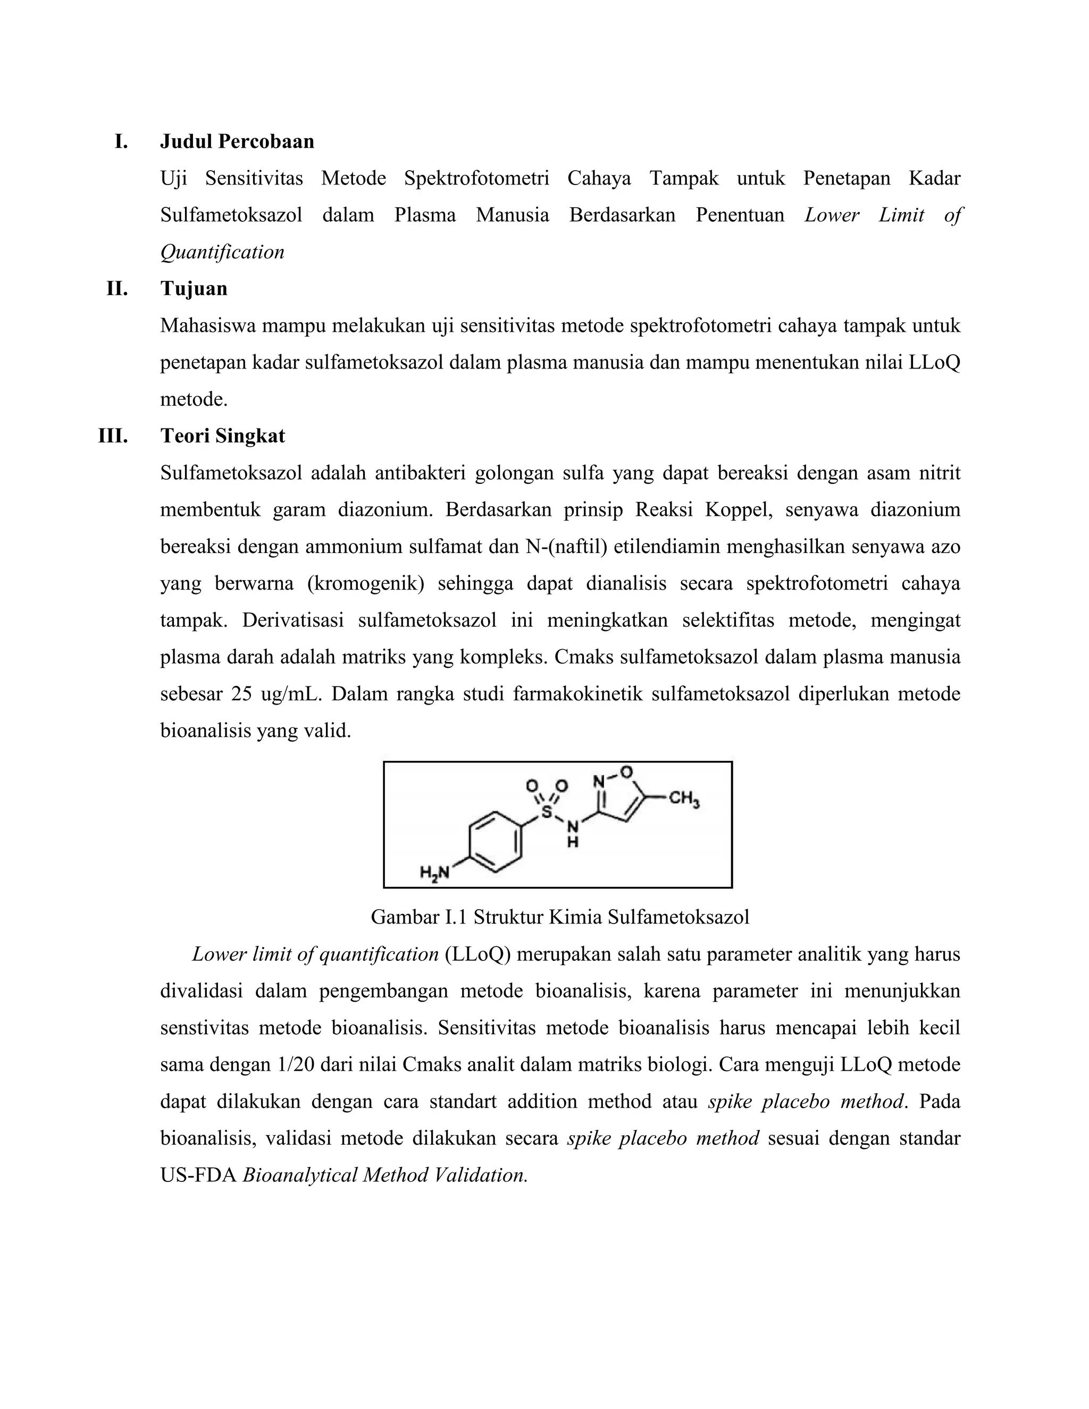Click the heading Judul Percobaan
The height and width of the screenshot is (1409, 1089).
pos(237,141)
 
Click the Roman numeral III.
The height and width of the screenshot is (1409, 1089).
pos(113,436)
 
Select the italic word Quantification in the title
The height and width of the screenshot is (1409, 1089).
pos(222,251)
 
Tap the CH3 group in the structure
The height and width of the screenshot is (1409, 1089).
pos(684,799)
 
